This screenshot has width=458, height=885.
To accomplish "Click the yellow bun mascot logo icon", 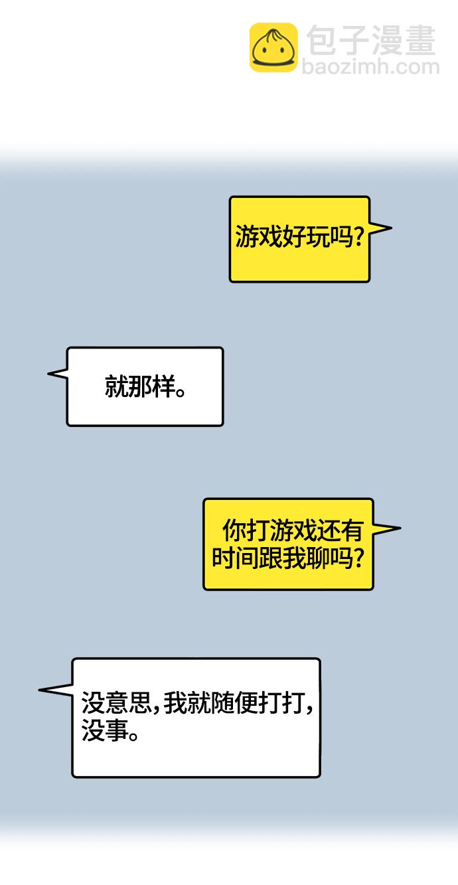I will [273, 47].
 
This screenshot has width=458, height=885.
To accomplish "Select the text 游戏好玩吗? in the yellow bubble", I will [299, 237].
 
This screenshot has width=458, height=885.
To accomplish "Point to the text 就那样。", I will [145, 386].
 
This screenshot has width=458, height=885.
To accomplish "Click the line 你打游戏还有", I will [293, 531].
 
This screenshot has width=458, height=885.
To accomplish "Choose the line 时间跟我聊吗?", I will [288, 558].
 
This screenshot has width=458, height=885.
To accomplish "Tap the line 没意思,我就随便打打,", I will [197, 703].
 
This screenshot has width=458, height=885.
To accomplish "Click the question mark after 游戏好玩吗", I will [358, 237].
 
